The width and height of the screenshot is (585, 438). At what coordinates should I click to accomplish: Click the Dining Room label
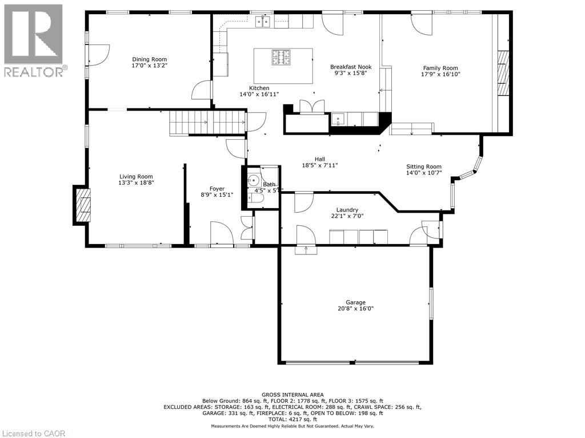point(149,59)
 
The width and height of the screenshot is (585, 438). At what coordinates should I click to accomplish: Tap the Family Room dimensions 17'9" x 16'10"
point(440,74)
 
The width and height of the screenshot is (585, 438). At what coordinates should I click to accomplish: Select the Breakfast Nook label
point(351,67)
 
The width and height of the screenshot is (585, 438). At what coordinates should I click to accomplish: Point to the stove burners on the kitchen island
point(281,57)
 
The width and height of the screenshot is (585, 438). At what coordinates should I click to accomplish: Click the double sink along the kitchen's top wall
point(263,22)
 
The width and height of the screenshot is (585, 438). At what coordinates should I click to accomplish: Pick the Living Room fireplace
point(82,205)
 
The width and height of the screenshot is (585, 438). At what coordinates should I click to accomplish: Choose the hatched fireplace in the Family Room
point(503,72)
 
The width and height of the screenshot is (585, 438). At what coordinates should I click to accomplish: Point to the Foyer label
point(217,189)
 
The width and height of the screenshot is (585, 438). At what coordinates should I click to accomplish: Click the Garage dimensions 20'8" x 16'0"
point(355,309)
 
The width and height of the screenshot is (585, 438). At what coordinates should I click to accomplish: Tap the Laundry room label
point(347,210)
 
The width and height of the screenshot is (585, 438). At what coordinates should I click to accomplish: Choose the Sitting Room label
point(424,167)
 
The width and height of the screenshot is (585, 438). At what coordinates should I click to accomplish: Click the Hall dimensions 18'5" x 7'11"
point(320,165)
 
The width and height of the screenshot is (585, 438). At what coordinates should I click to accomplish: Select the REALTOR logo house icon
point(33,34)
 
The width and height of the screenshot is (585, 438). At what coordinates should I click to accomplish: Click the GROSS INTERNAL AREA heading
point(292,395)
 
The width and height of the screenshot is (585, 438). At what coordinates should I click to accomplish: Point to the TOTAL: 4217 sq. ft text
point(292,419)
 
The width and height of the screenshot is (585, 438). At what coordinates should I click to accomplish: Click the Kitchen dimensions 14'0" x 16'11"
point(259,94)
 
